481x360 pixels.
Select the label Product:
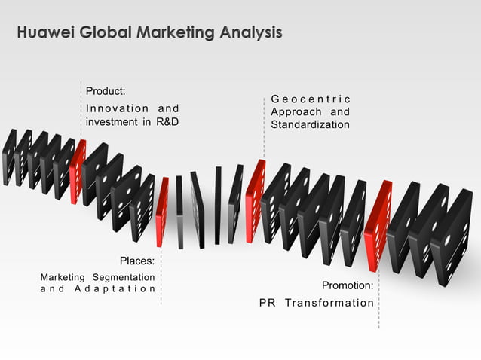tap(106, 91)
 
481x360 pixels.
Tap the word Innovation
tap(112, 108)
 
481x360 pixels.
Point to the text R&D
tap(167, 122)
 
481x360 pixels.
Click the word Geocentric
tap(310, 99)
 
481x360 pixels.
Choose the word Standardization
tap(310, 124)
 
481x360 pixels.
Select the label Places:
tap(137, 261)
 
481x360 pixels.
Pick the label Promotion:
tap(348, 285)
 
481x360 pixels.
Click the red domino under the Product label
tap(77, 172)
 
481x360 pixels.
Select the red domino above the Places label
tap(162, 212)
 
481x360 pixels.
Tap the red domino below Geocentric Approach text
tap(255, 201)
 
